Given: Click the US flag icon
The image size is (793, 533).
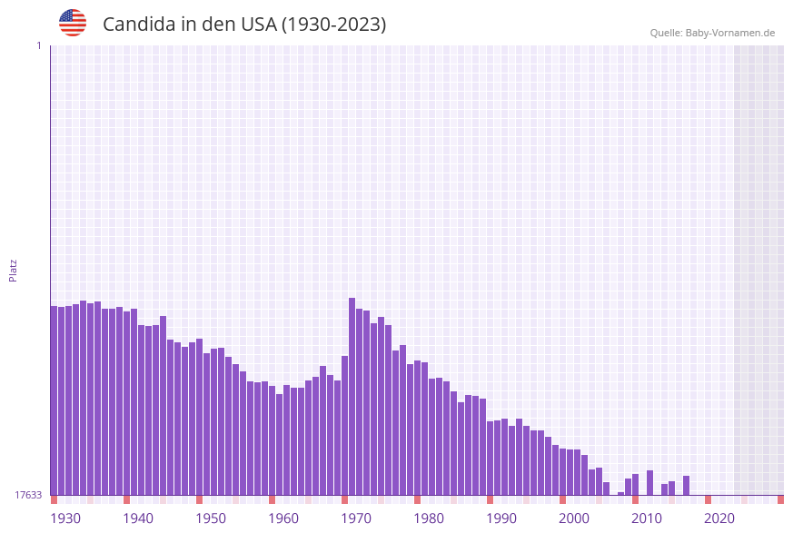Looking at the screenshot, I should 73,23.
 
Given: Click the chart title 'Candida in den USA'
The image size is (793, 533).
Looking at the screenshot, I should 244,25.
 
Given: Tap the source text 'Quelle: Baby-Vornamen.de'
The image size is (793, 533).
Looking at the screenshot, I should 712,33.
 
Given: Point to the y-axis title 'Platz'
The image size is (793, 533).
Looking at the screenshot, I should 14,270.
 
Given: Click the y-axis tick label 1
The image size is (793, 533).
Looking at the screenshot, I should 38,45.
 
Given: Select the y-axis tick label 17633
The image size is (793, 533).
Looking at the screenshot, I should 28,495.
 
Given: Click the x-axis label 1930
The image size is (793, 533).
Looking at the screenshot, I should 65,518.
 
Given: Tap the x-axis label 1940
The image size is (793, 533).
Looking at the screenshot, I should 138,518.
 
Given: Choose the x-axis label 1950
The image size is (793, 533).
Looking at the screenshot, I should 211,518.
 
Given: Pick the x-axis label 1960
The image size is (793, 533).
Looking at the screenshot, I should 283,518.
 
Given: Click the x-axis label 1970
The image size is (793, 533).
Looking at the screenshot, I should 356,518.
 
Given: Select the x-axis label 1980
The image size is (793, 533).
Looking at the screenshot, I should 429,518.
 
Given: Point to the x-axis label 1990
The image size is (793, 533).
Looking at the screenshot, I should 501,518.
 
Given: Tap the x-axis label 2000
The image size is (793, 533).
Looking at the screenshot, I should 574,518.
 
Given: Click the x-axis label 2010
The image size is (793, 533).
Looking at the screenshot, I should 647,518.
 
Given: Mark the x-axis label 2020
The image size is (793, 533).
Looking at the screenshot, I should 719,518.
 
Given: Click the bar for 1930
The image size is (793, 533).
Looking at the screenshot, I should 55,400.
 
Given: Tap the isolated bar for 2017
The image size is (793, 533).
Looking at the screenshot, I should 687,486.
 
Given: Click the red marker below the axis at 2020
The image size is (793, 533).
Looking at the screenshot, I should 709,499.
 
